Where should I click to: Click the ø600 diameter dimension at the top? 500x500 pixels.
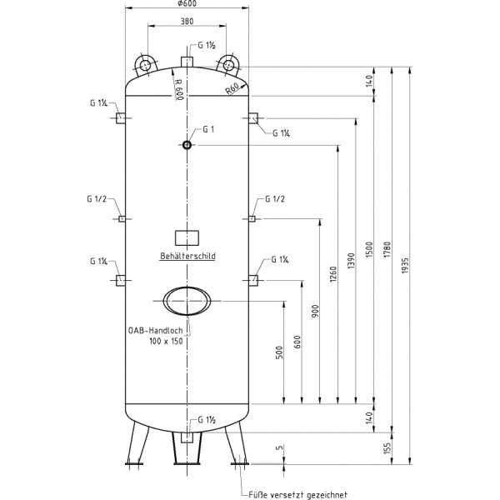coord(187,4)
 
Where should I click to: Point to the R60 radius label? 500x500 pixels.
coord(232,90)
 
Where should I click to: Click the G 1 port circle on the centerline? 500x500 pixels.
coord(187,146)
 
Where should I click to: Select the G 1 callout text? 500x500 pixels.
coord(208,130)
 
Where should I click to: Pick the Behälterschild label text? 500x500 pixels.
coord(187,257)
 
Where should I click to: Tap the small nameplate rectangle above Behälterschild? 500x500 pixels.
coord(187,237)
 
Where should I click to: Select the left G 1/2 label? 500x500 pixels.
coord(97,199)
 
